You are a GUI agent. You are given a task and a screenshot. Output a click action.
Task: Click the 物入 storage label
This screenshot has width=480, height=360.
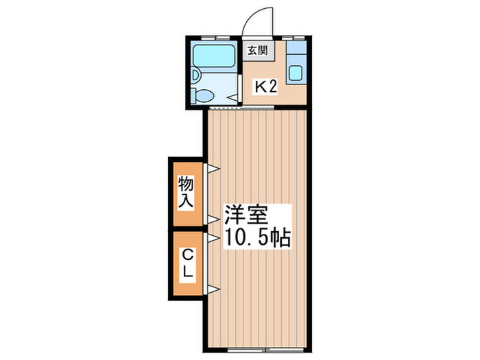pos(187,192)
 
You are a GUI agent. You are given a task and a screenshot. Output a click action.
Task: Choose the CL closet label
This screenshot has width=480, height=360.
pos(187,263)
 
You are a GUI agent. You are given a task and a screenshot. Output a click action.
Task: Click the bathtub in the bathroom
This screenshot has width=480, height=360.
pos(213,56)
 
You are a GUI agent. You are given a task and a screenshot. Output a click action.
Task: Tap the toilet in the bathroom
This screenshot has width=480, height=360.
pos(204,95)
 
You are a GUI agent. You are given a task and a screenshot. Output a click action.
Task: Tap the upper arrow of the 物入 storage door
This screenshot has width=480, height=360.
pos(213,168)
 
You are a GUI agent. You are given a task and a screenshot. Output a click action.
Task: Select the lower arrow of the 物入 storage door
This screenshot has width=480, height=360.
pos(213,219)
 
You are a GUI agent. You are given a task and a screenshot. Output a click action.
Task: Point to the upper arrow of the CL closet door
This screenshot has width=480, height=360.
pos(213,237)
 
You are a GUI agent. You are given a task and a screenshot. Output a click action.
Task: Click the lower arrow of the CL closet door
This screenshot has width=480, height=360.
pos(213,289)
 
